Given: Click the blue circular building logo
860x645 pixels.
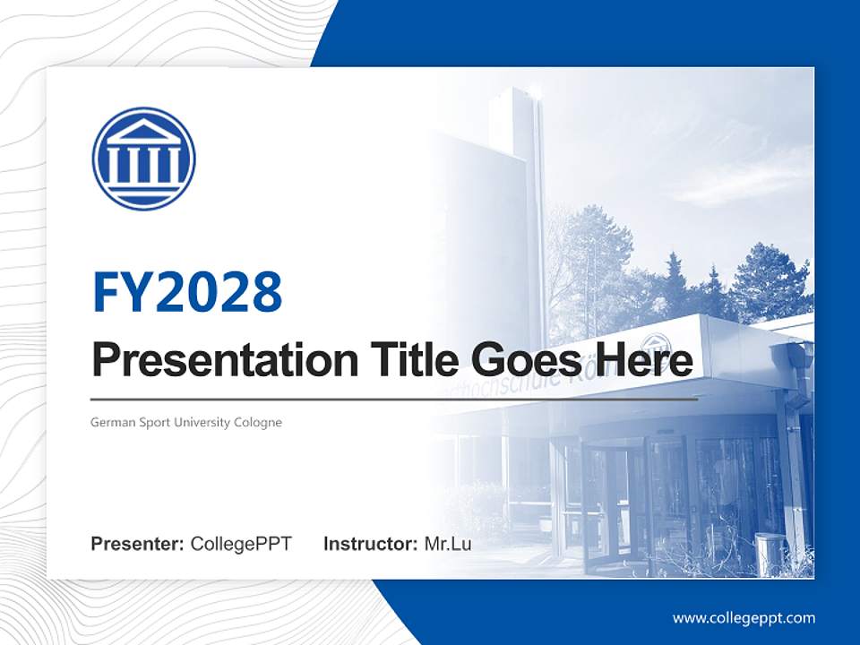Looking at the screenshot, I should click(x=143, y=159).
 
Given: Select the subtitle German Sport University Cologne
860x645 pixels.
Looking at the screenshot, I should click(x=186, y=422).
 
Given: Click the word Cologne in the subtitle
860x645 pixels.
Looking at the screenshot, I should click(x=258, y=422).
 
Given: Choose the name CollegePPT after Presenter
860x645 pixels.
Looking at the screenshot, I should click(x=241, y=544).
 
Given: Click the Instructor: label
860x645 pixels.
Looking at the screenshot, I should click(x=370, y=544).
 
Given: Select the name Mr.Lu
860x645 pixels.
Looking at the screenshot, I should click(x=448, y=544).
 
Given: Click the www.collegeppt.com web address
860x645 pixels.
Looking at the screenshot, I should click(x=744, y=617).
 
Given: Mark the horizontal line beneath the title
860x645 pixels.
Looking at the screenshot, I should click(x=394, y=399).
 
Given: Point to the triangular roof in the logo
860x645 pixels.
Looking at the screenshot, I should click(x=143, y=132).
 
